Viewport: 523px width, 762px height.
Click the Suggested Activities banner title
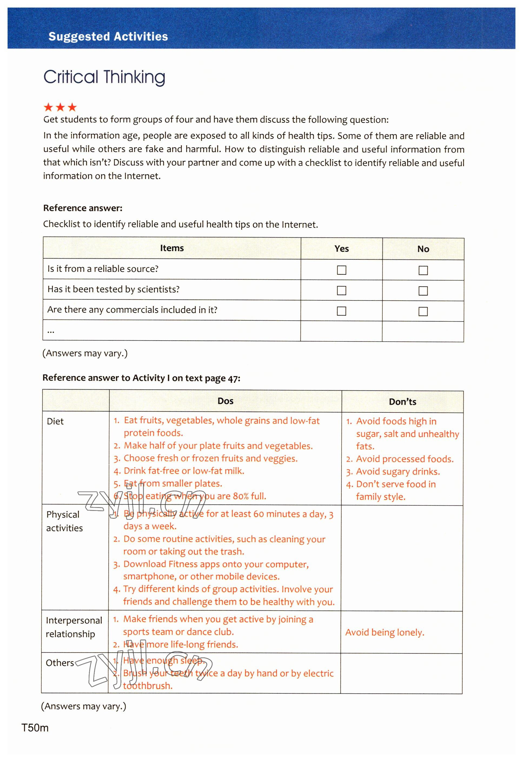click(108, 36)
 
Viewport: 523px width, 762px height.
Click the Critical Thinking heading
click(104, 77)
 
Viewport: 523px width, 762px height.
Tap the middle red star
click(60, 107)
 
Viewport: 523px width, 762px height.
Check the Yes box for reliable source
click(341, 270)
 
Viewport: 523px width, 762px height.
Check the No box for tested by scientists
click(423, 291)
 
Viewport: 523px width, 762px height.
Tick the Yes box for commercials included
click(341, 311)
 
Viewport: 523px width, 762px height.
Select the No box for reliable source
click(423, 271)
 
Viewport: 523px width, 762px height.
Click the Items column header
click(172, 248)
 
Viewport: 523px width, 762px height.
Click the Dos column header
click(226, 401)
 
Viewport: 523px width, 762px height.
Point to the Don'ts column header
click(402, 402)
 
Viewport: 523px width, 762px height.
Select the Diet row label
click(55, 421)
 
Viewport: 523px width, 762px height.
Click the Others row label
click(60, 663)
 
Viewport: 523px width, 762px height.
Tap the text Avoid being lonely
click(385, 633)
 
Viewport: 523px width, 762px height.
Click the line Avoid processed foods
click(405, 459)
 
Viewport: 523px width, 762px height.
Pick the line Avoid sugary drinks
click(398, 471)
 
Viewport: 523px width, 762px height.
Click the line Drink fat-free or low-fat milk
click(184, 471)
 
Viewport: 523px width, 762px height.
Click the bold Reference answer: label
click(83, 208)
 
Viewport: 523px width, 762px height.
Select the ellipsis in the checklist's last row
click(51, 331)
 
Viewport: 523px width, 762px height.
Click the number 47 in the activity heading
click(232, 378)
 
